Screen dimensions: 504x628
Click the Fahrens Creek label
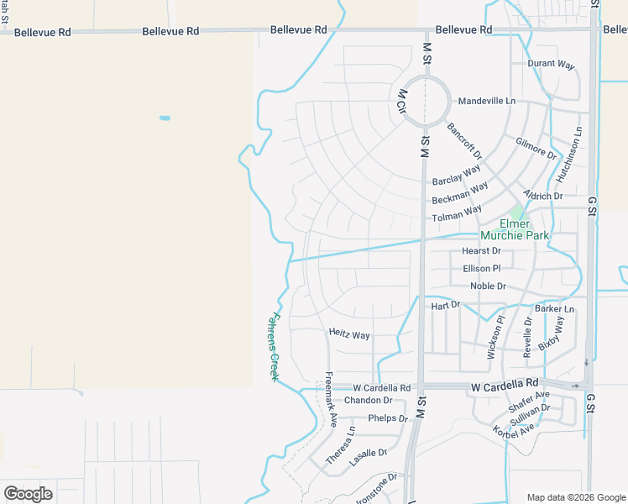274,346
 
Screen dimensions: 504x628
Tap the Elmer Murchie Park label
514,229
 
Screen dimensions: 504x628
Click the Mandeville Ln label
486,101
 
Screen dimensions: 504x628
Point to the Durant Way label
551,64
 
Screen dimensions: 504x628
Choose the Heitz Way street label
349,335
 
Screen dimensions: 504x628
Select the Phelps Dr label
387,418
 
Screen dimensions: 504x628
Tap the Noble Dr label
488,286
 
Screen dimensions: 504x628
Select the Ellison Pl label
481,269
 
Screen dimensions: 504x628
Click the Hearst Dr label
481,251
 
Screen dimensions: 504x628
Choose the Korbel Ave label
515,429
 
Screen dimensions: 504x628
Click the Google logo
28,493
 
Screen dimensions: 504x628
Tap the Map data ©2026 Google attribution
576,497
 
